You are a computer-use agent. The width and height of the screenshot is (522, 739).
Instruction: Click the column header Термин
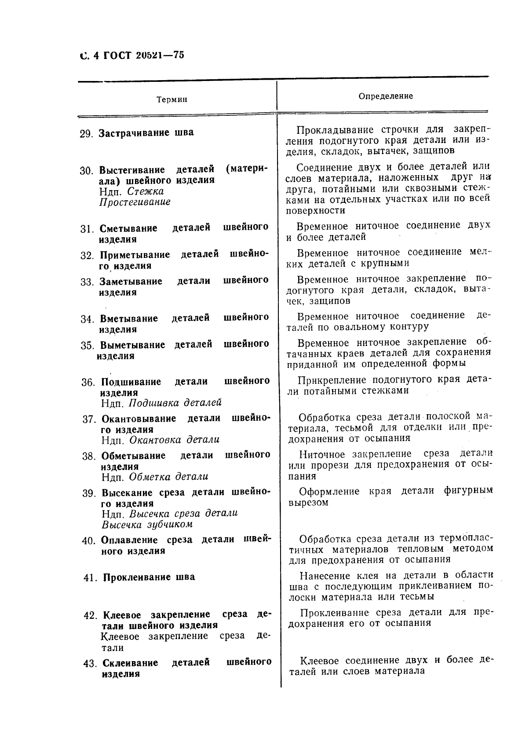click(172, 99)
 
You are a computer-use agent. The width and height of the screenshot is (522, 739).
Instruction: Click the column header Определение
click(386, 96)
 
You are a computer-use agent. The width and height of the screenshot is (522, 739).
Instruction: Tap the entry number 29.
click(86, 134)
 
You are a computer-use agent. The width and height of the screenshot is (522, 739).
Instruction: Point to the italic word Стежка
click(145, 191)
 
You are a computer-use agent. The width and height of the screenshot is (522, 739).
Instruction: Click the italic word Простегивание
click(135, 202)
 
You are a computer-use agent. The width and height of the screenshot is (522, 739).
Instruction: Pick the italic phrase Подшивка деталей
click(175, 403)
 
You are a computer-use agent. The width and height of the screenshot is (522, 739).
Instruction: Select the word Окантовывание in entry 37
click(139, 419)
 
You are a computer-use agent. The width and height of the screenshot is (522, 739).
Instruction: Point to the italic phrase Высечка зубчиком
click(147, 525)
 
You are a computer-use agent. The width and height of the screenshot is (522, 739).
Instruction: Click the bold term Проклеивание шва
click(149, 577)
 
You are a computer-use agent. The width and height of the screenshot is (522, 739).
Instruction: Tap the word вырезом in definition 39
click(308, 503)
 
